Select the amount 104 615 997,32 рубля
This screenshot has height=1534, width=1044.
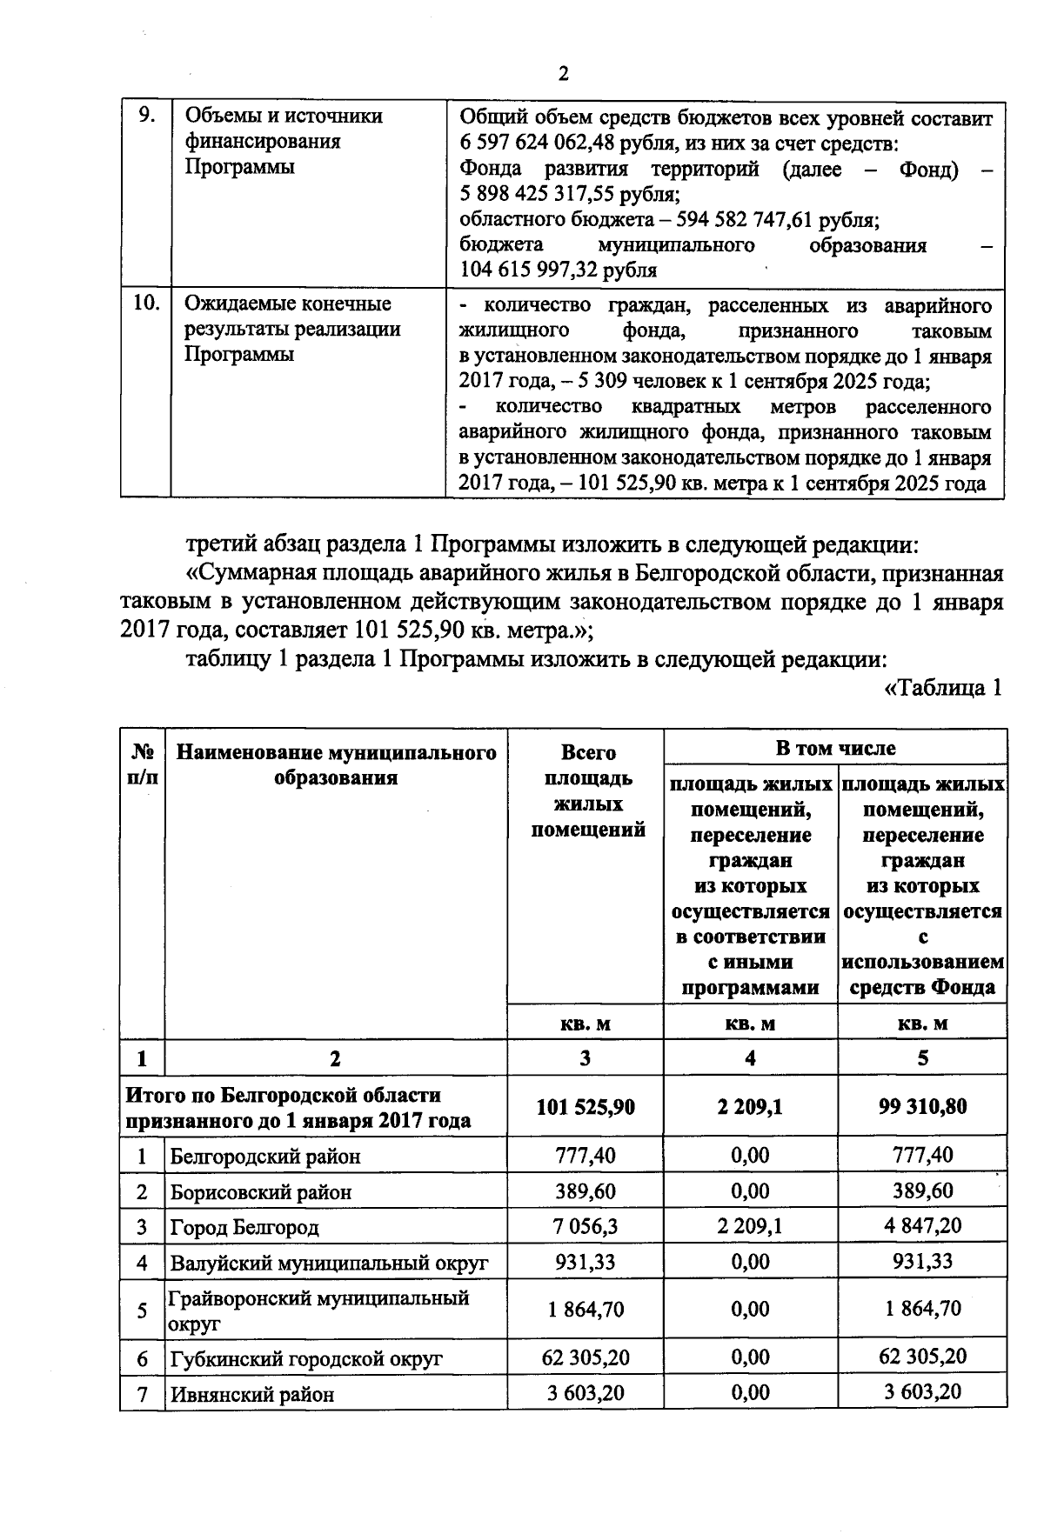[558, 270]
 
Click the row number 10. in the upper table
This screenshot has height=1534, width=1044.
[146, 303]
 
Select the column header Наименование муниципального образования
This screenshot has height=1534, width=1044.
[336, 764]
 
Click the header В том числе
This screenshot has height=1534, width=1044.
[835, 747]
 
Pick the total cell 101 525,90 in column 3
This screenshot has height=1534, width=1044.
[585, 1107]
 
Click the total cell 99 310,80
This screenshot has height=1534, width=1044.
[922, 1107]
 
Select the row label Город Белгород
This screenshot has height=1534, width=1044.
[244, 1227]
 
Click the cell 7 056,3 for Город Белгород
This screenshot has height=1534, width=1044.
[585, 1226]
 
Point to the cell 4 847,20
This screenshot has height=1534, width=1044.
[922, 1226]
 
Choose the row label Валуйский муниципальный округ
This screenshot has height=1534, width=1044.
[329, 1262]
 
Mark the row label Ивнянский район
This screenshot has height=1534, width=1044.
[251, 1394]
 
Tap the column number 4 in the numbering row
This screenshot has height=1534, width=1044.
[750, 1057]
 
